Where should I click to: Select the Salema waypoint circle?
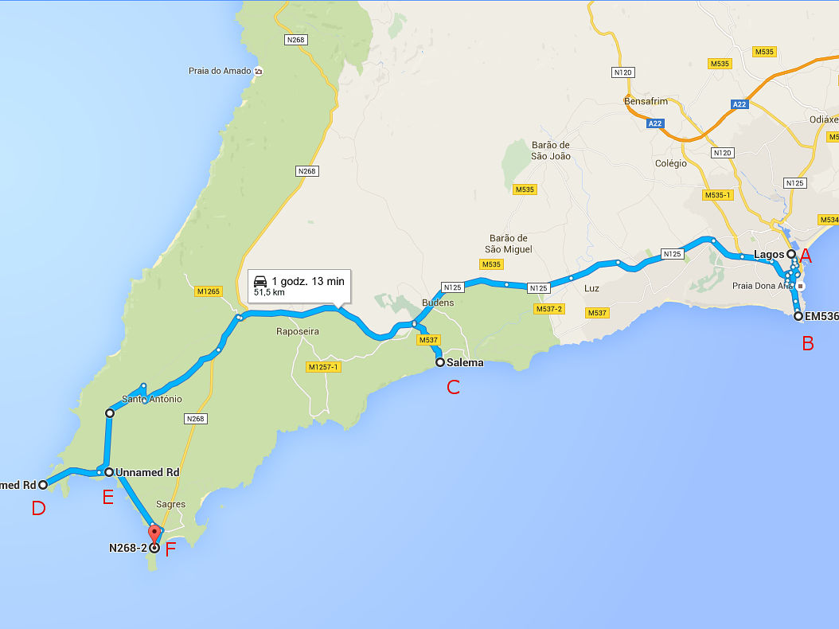tap(439, 362)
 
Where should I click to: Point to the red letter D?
tap(38, 508)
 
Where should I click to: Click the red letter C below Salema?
tap(453, 388)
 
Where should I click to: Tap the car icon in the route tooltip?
tap(260, 281)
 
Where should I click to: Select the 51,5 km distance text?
tap(269, 293)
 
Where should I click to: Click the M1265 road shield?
tap(208, 292)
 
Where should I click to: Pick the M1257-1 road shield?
tap(322, 367)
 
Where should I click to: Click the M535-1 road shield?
tap(718, 195)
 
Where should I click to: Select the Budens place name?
tap(438, 303)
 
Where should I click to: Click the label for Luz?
tap(591, 288)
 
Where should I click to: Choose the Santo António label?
tap(152, 399)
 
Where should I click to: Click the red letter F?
tap(170, 549)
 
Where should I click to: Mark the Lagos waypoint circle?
tap(791, 254)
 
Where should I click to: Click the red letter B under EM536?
tap(807, 344)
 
